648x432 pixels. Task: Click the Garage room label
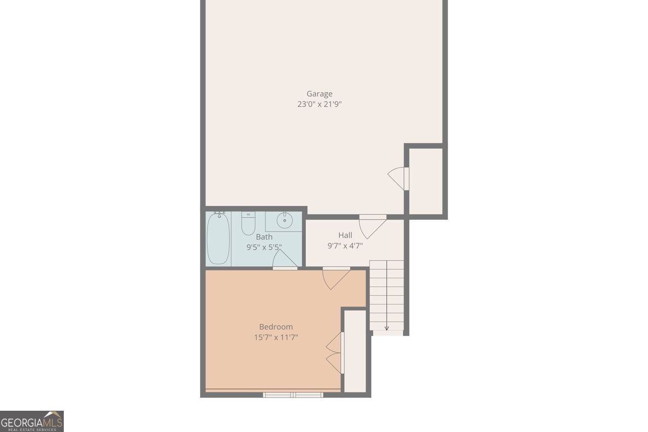click(319, 94)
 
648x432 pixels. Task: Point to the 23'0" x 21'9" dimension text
click(319, 104)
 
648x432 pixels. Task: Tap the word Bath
click(264, 237)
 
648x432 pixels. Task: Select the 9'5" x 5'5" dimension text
click(264, 247)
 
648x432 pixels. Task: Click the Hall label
click(345, 235)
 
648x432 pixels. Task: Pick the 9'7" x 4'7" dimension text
click(345, 246)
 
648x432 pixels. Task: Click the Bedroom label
click(276, 327)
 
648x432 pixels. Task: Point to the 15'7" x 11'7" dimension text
click(276, 337)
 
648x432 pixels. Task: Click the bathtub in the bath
click(219, 238)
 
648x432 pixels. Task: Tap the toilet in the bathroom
click(248, 224)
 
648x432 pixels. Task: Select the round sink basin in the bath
click(285, 220)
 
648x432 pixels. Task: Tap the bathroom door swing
click(285, 259)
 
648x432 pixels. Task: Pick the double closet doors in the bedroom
click(335, 353)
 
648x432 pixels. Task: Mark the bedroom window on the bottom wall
click(293, 395)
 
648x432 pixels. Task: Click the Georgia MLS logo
click(32, 421)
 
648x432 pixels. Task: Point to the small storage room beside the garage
click(426, 181)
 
